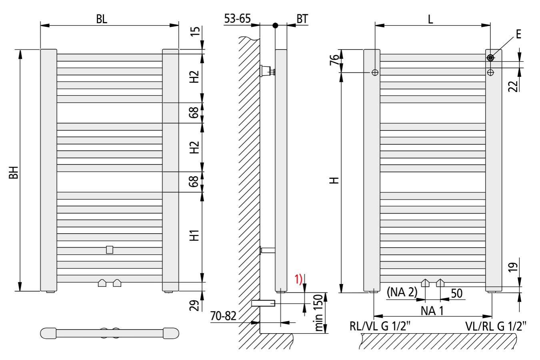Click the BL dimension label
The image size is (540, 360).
102,19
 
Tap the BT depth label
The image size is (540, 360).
302,19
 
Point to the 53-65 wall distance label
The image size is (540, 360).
237,19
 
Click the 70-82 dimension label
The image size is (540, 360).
224,316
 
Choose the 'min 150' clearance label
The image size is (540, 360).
318,312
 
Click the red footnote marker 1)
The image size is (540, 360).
298,279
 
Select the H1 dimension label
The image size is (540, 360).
194,235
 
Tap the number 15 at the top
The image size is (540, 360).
195,31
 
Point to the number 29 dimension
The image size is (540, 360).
194,305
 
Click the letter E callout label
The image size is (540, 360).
518,34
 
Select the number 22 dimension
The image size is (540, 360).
514,86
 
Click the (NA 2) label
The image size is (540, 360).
402,292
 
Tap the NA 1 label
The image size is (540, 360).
432,310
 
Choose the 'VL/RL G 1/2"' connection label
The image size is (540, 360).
496,326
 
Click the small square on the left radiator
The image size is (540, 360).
110,250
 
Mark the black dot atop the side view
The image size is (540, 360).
275,26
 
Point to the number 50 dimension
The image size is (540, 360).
457,293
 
